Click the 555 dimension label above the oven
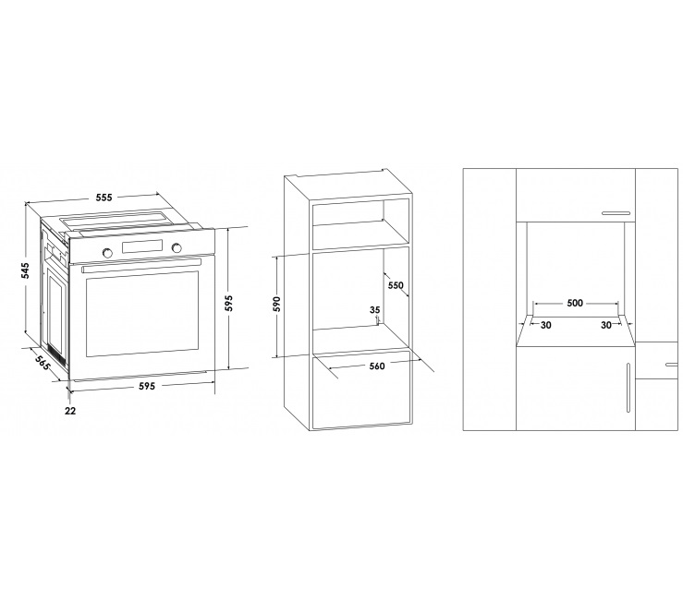(104, 198)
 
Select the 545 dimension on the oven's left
(25, 270)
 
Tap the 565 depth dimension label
(43, 361)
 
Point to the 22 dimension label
(70, 410)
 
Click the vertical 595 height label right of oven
(229, 304)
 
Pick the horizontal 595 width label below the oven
(147, 386)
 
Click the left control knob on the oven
(106, 252)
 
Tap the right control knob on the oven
(177, 247)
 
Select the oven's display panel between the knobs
(142, 246)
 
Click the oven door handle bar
(141, 265)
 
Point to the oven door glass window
(142, 314)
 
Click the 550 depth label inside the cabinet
(396, 285)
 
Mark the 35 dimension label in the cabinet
(374, 310)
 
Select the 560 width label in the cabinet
(377, 366)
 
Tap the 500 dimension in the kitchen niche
(575, 303)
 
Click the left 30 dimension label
(545, 325)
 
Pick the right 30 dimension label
(606, 325)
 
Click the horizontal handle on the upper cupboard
(616, 213)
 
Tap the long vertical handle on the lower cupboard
(628, 388)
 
